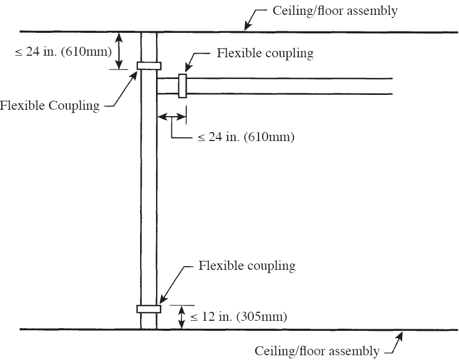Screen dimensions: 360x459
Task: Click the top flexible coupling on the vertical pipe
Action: pyautogui.click(x=149, y=65)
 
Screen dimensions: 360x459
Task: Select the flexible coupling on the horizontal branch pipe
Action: pyautogui.click(x=183, y=86)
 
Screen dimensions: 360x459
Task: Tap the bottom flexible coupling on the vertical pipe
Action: pyautogui.click(x=149, y=309)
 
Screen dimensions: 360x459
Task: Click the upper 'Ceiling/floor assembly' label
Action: pyautogui.click(x=334, y=11)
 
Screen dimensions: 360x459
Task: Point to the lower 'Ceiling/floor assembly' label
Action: pyautogui.click(x=317, y=350)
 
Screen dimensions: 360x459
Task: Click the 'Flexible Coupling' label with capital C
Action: pyautogui.click(x=50, y=106)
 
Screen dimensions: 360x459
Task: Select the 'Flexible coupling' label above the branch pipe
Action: pyautogui.click(x=265, y=53)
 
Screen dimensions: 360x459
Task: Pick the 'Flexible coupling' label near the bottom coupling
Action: pyautogui.click(x=247, y=265)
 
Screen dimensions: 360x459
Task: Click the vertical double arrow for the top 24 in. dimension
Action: pyautogui.click(x=119, y=51)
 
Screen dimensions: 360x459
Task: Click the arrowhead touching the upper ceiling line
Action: pyautogui.click(x=247, y=27)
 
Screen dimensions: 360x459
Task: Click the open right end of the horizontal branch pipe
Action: pyautogui.click(x=392, y=86)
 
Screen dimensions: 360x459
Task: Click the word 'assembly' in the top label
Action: pyautogui.click(x=373, y=11)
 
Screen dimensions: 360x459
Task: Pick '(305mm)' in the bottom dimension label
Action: pyautogui.click(x=263, y=317)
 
